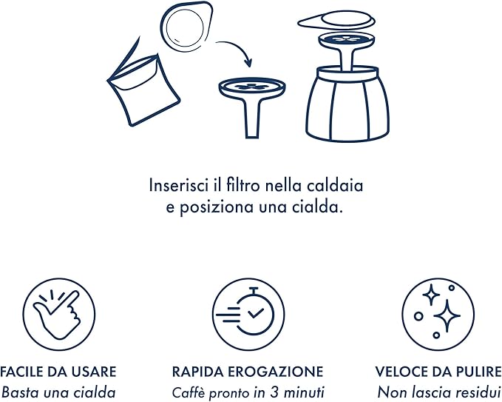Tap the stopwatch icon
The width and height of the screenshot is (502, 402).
(x=248, y=314)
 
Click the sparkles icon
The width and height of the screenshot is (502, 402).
(x=438, y=314)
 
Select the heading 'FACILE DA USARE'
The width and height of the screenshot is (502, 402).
(x=58, y=372)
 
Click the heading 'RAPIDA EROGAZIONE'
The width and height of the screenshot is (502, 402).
(x=248, y=372)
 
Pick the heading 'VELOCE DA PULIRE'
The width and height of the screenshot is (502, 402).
(x=438, y=372)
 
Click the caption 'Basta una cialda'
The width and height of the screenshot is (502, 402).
(x=58, y=392)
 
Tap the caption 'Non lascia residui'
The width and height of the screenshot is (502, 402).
(x=438, y=392)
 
